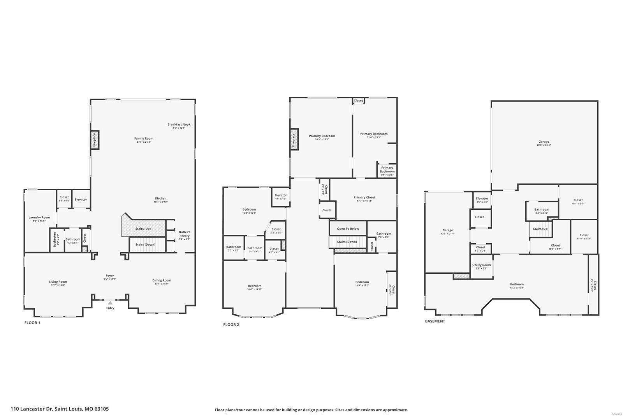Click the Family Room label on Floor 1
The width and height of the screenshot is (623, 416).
coord(144,138)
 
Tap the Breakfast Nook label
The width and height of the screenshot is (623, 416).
coord(179,124)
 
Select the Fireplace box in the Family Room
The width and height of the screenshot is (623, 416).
coord(94,140)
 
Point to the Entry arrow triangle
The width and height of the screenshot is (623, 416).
coord(111,303)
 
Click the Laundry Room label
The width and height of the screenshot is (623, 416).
coord(39,218)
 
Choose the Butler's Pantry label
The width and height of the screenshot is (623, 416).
coord(184,234)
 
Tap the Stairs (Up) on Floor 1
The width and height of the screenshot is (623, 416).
coord(143,228)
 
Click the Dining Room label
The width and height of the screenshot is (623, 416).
coord(162,280)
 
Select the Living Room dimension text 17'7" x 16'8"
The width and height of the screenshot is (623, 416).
coord(58,285)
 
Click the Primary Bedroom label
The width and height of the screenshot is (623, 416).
coord(322,136)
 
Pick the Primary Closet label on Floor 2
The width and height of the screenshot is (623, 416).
coord(364,197)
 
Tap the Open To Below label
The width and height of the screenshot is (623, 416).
coord(348,228)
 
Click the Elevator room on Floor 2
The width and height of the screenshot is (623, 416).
coord(281,197)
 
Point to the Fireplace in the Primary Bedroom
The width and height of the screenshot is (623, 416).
coord(294,140)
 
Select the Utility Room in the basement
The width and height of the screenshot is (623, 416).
coord(482,266)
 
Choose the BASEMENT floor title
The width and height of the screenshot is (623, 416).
coord(435,321)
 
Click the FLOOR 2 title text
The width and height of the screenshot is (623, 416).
coord(231,324)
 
